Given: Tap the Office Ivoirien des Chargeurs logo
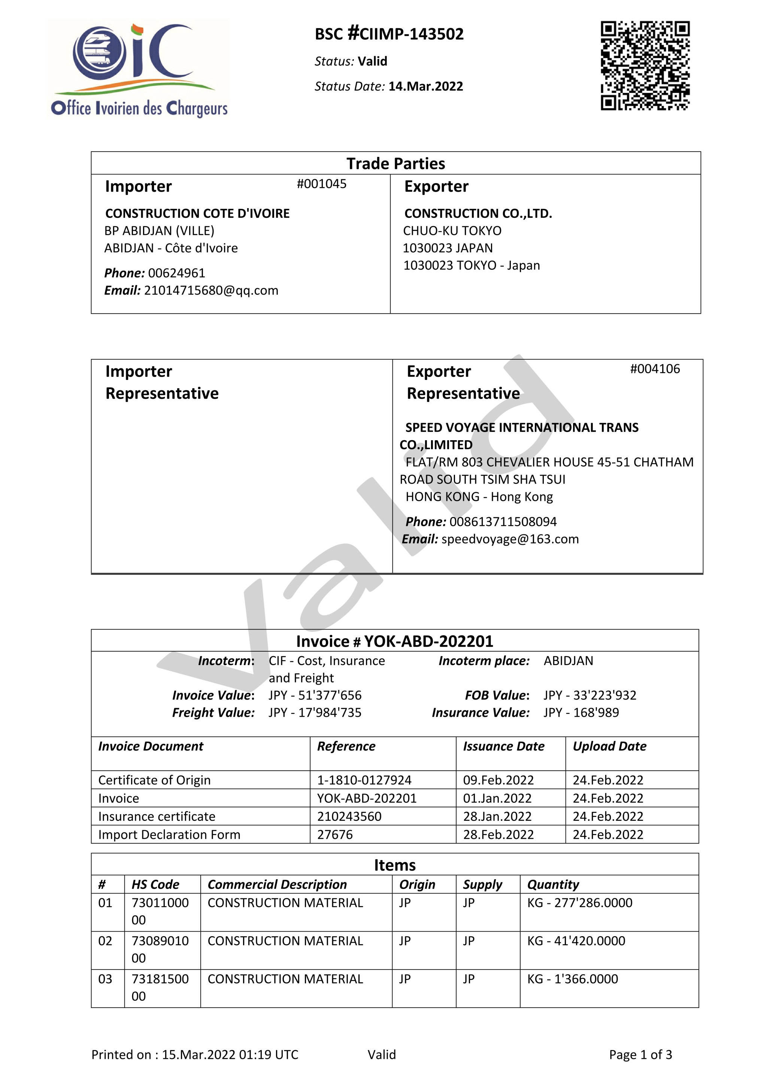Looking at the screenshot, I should point(139,68).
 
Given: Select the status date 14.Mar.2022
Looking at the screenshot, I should point(425,86).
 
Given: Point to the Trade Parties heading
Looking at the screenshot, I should point(395,163).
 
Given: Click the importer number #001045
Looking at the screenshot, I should point(321,184).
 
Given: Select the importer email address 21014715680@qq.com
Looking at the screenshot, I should point(211,290).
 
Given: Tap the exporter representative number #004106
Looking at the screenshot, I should point(655,369).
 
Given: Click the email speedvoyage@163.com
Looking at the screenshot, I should point(510,539).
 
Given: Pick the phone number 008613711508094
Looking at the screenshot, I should point(503,522).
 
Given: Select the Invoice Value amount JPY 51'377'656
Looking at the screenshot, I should point(315,695).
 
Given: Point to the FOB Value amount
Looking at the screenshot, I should point(589,695).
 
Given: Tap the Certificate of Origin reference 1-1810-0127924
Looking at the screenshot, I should point(364,780).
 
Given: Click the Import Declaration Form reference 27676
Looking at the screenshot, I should point(335,835).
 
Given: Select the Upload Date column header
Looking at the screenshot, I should point(609,746).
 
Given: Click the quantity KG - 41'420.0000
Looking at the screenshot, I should point(576,941).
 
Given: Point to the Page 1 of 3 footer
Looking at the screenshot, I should point(640,1055).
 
